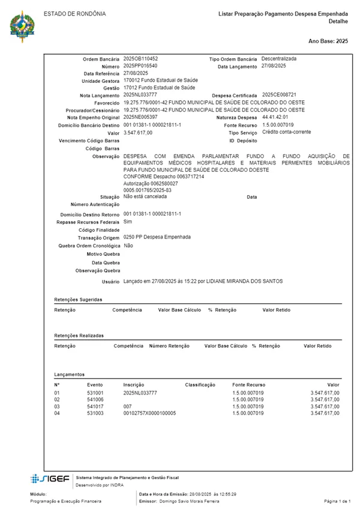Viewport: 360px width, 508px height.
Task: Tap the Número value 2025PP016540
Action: (140, 66)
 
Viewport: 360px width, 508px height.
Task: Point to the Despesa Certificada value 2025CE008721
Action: (279, 95)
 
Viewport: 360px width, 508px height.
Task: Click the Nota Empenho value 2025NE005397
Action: (140, 117)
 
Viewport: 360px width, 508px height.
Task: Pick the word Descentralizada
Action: (279, 59)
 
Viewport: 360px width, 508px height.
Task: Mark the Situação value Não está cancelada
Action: (145, 196)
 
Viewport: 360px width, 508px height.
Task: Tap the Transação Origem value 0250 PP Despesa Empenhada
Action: (157, 237)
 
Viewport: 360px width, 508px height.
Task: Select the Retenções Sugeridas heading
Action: (78, 299)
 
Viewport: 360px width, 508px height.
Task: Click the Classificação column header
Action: (200, 384)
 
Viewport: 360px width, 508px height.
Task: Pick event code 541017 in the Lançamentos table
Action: (95, 407)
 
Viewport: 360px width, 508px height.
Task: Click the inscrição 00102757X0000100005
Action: (149, 414)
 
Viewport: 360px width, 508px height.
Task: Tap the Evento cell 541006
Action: (95, 399)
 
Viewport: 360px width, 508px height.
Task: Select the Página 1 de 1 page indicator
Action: (337, 501)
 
